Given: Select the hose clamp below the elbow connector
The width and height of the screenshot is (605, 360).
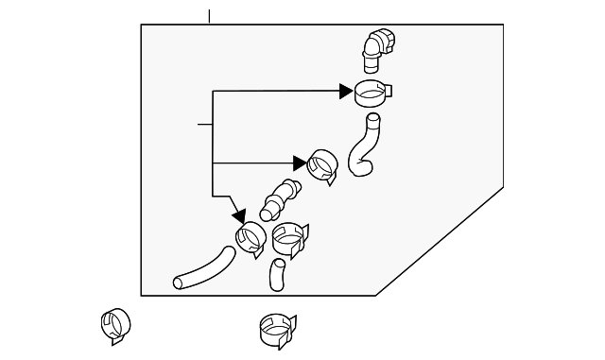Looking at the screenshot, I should [x=372, y=93].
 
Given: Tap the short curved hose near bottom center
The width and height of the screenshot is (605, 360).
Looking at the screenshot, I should [x=276, y=274].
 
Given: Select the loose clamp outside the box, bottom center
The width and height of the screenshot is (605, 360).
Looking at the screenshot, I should [x=277, y=329].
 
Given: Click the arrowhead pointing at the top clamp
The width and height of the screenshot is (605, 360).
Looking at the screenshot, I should [x=346, y=91].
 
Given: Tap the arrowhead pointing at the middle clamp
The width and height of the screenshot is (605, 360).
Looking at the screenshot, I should [x=301, y=163].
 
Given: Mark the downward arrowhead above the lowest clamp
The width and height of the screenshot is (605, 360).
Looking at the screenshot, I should [x=239, y=216].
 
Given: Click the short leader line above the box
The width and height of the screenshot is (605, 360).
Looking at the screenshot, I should [x=209, y=16].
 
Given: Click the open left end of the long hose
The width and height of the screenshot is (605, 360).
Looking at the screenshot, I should [x=180, y=282].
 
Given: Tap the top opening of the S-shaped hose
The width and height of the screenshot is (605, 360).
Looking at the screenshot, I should [x=372, y=119].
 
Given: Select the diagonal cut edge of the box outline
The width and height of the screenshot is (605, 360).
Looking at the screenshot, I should [x=440, y=241].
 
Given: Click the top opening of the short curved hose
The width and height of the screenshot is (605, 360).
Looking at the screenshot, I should [x=278, y=263].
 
